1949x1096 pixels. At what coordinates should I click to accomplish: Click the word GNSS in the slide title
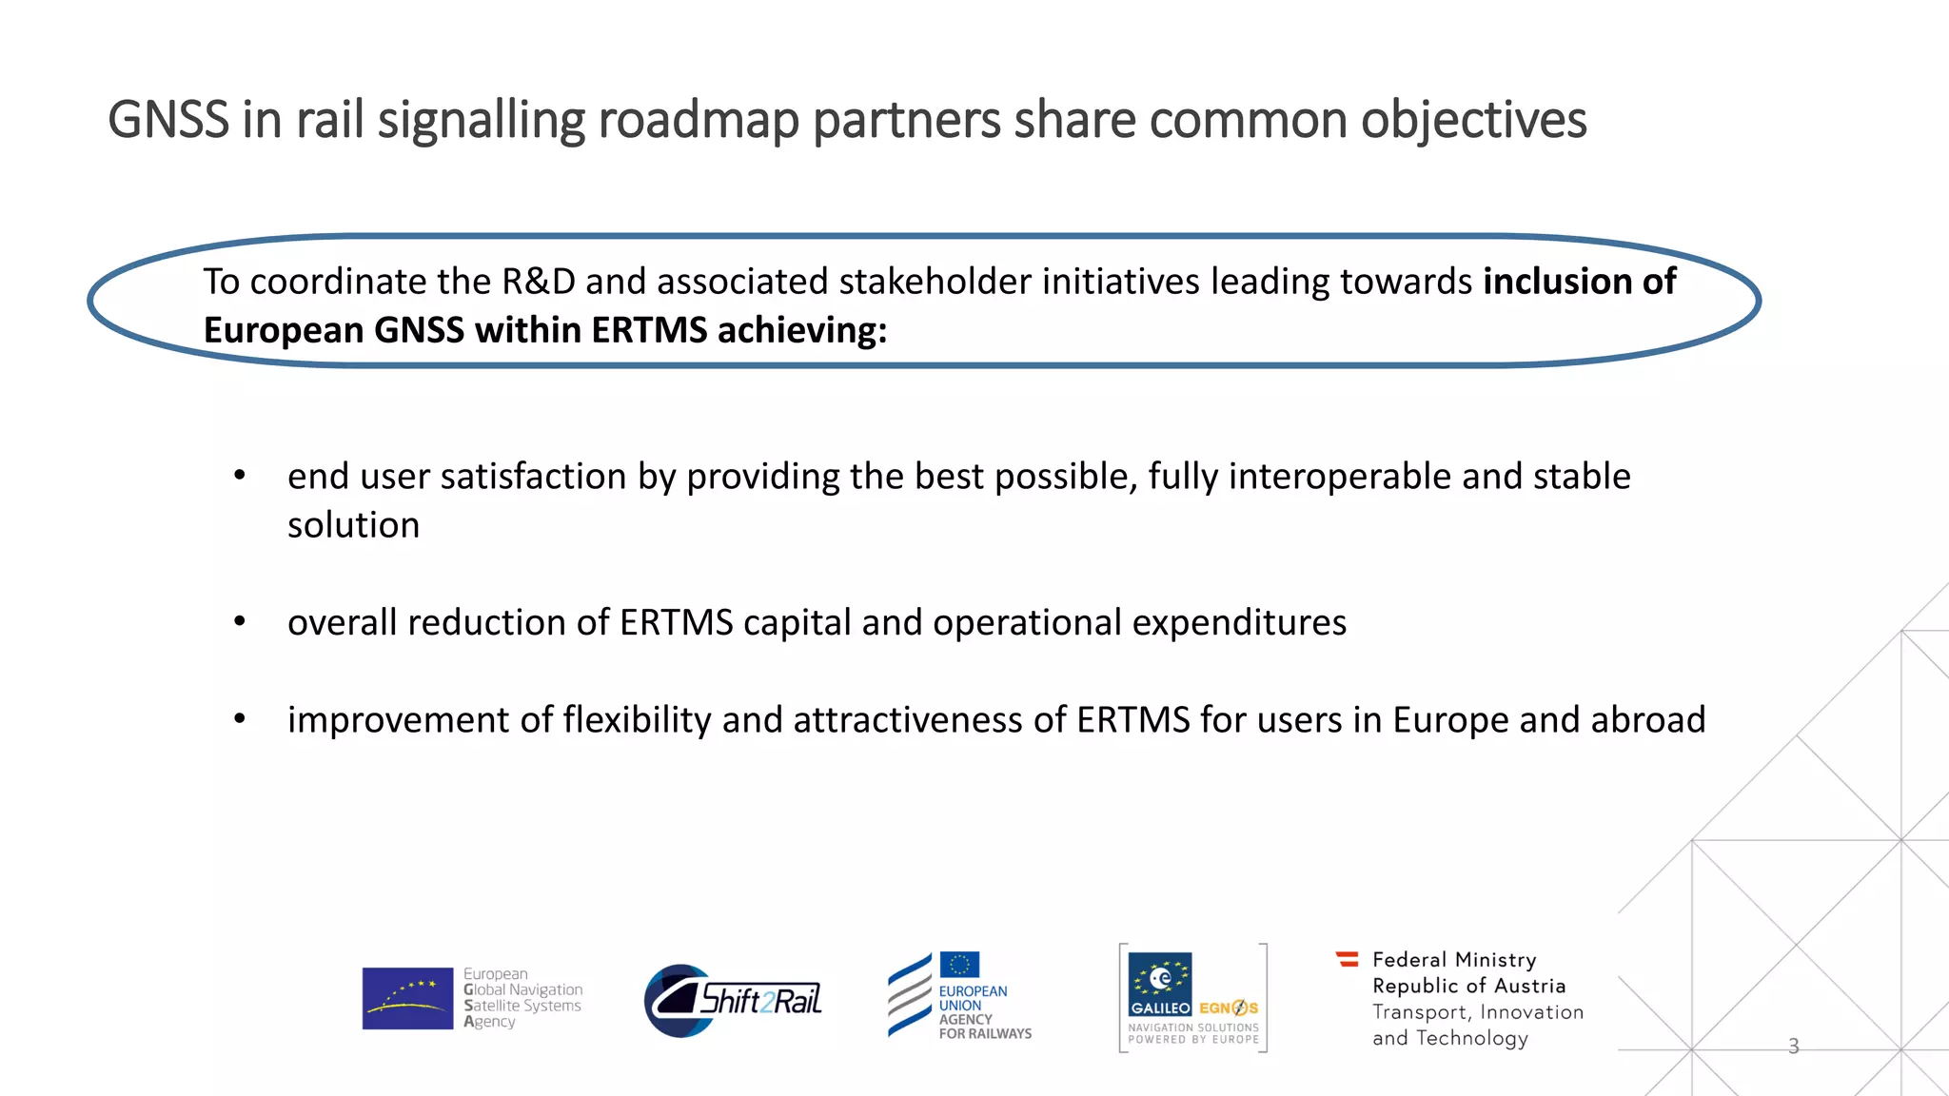(168, 120)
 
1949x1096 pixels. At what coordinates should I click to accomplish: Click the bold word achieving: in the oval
(802, 330)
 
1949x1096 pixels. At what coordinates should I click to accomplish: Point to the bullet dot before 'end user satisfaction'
(240, 475)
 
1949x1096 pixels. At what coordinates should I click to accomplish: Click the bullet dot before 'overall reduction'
(240, 622)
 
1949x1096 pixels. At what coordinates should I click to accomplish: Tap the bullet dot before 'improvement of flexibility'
(240, 719)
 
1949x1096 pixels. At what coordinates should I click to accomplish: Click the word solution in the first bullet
(353, 525)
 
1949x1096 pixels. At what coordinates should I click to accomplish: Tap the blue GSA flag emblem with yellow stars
(407, 998)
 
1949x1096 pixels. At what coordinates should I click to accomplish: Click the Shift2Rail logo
(733, 1000)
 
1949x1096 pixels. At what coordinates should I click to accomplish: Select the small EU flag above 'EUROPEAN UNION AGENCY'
(959, 965)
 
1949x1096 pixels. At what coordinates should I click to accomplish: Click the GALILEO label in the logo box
(1160, 1008)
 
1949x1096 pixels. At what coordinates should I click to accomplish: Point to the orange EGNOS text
(1229, 1008)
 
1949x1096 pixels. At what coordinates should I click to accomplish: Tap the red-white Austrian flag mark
(1348, 959)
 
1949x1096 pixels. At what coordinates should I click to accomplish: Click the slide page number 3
(1793, 1047)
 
